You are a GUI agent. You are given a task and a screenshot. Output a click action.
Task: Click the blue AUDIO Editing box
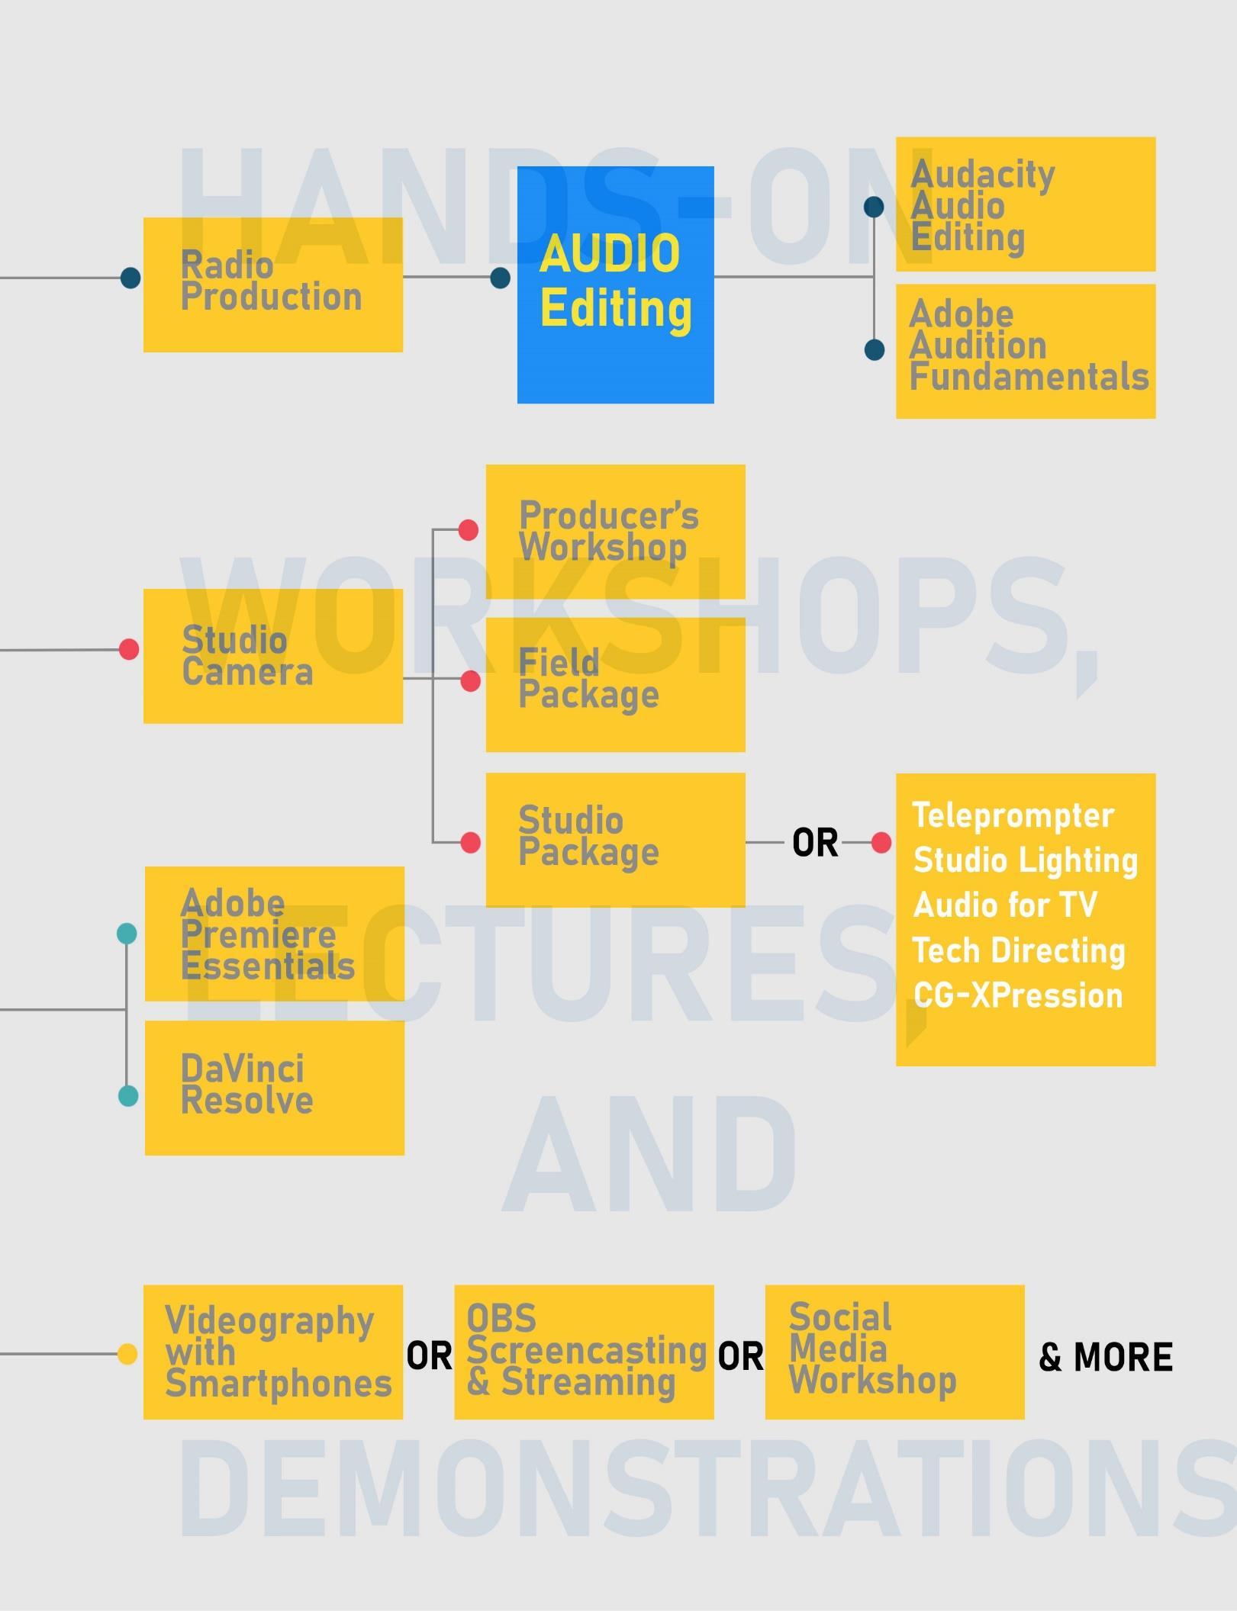[x=615, y=285]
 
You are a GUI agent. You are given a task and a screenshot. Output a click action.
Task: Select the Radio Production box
[x=272, y=285]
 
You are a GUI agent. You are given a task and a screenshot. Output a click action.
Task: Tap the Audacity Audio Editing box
[x=1025, y=204]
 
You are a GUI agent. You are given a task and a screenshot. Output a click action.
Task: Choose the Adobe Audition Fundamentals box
[x=1025, y=351]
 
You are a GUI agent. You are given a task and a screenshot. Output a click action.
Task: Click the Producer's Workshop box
[x=615, y=532]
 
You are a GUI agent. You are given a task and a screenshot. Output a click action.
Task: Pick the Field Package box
[x=615, y=684]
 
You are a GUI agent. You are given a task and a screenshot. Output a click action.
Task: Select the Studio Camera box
[x=272, y=656]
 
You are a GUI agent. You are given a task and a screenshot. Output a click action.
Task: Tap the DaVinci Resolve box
[x=274, y=1088]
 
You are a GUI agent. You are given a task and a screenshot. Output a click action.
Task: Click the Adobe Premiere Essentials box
[x=274, y=934]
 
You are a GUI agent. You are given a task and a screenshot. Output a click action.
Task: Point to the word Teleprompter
[x=1013, y=815]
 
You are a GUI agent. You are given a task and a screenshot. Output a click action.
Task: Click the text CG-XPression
[x=1017, y=995]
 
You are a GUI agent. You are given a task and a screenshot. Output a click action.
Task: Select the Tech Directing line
[x=1018, y=950]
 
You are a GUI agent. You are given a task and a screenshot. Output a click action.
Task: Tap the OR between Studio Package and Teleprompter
[x=814, y=843]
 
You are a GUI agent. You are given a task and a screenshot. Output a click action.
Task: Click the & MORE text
[x=1105, y=1357]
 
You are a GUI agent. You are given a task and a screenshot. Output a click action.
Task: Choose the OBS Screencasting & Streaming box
[x=584, y=1352]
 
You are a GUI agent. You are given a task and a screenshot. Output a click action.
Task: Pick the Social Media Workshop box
[x=894, y=1352]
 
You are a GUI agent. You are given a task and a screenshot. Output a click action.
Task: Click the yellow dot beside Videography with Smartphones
[x=127, y=1354]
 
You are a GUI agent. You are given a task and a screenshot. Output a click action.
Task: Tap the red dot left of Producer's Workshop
[x=469, y=530]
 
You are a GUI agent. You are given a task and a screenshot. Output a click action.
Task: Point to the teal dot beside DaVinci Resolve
[x=128, y=1096]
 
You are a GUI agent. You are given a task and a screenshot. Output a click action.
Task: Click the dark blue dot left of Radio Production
[x=130, y=278]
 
